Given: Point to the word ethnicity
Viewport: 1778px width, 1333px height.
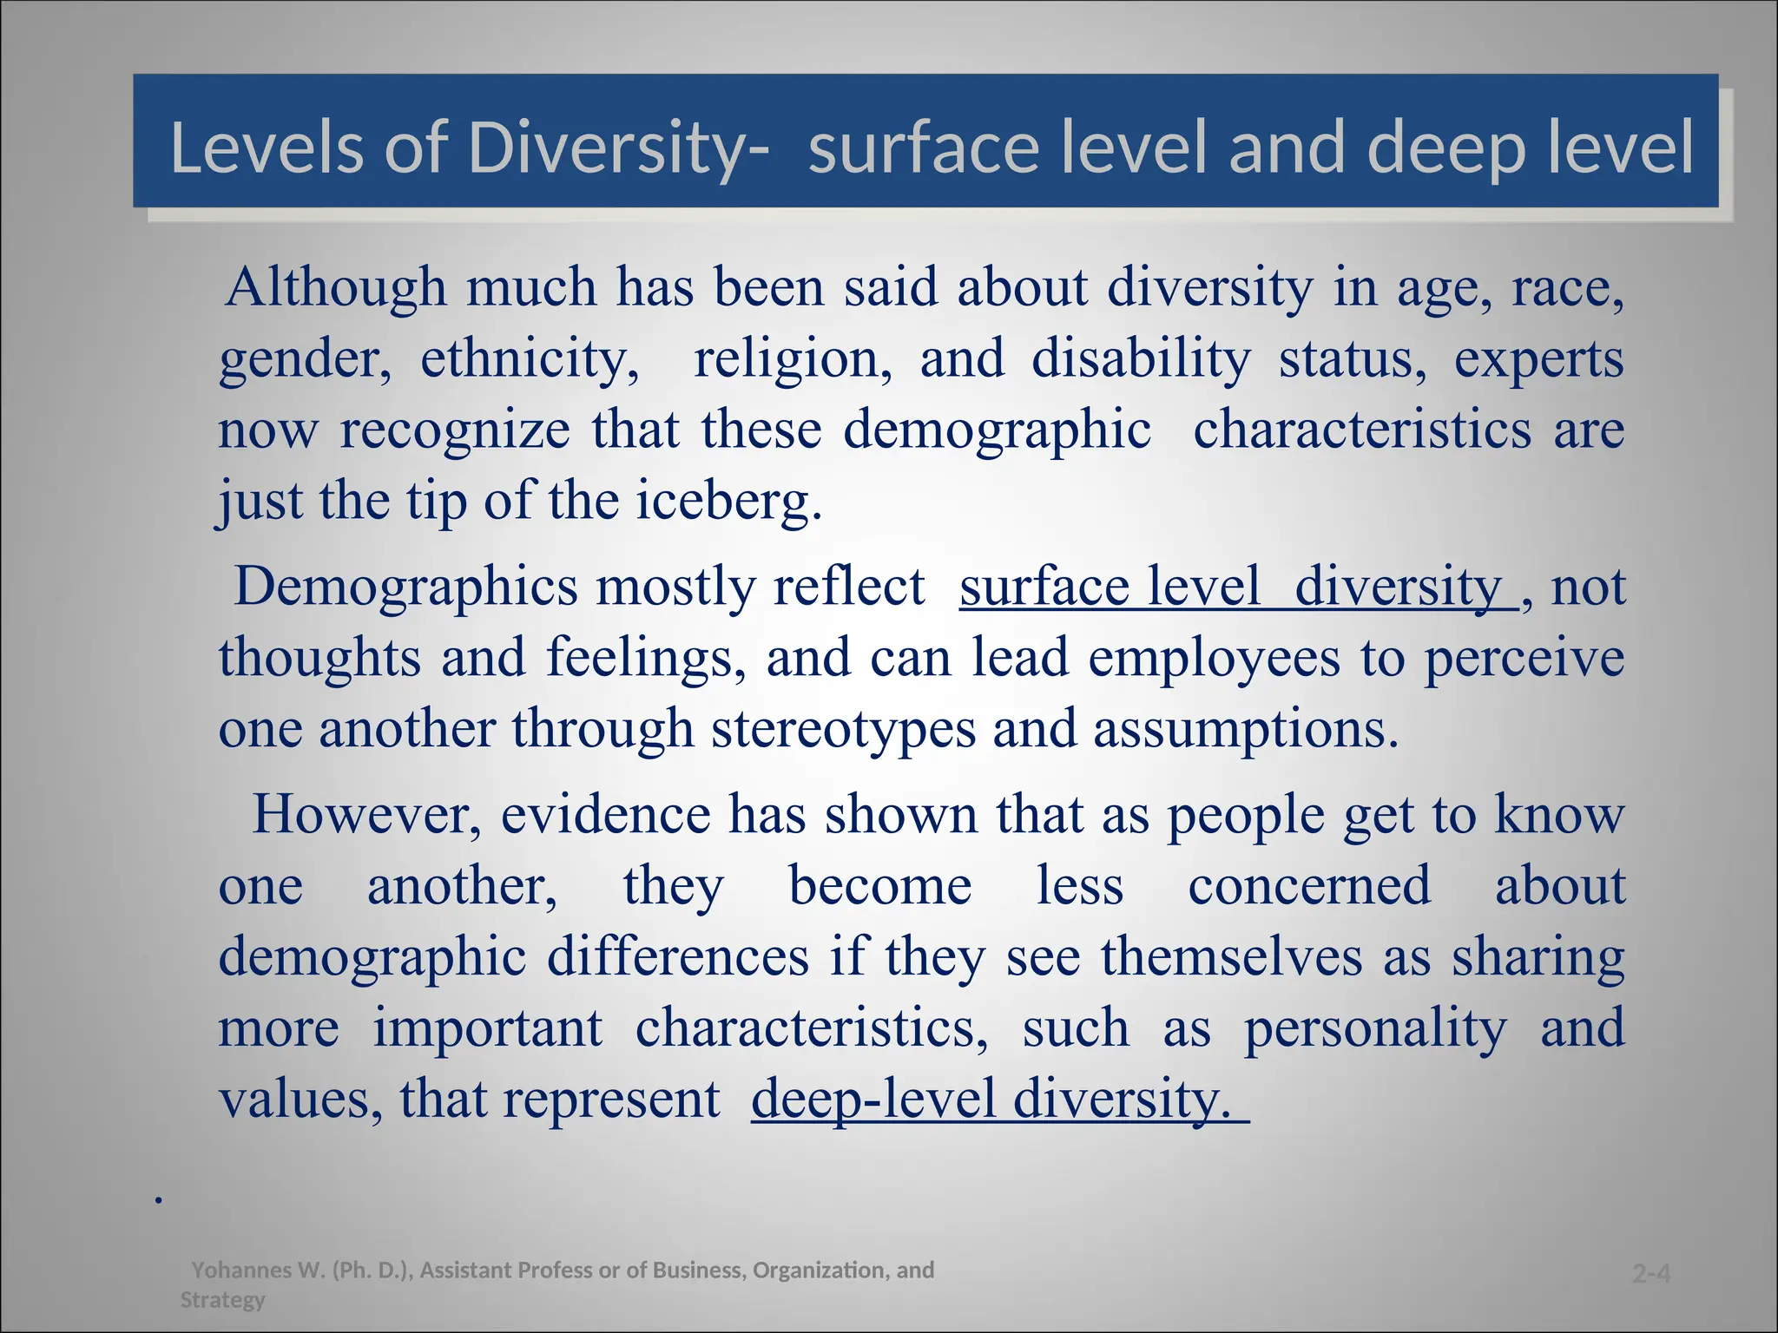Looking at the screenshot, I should click(x=530, y=358).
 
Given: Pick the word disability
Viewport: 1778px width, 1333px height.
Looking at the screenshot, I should click(x=1141, y=358).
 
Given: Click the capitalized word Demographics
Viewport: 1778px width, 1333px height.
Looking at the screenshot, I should click(x=405, y=587).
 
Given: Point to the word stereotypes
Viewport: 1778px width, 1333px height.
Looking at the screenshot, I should click(x=843, y=729).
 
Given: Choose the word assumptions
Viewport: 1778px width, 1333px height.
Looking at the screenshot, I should click(x=1245, y=729).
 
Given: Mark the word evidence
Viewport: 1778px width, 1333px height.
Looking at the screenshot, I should click(x=605, y=815).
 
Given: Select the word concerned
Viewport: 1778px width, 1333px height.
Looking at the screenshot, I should click(x=1309, y=886).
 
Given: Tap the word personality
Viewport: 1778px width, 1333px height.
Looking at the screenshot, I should click(x=1375, y=1028).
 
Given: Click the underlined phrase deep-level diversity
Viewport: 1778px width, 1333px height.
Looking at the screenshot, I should click(x=998, y=1100).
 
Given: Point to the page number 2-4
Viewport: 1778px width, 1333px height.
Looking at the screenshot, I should click(x=1650, y=1274).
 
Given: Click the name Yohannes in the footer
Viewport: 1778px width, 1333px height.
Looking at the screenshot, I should click(x=242, y=1271).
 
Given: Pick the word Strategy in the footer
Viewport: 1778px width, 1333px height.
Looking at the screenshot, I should click(x=222, y=1300).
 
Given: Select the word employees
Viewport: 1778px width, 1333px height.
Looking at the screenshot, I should click(x=1214, y=658).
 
